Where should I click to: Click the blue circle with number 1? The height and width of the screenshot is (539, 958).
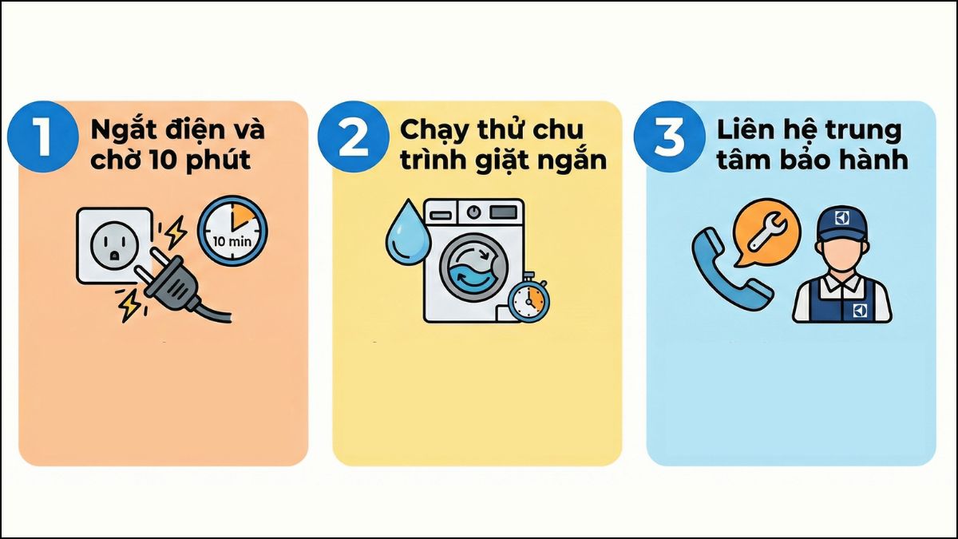point(41,136)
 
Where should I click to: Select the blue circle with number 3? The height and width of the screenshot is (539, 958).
point(667,137)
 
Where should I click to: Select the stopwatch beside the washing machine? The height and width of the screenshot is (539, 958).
point(528,299)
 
